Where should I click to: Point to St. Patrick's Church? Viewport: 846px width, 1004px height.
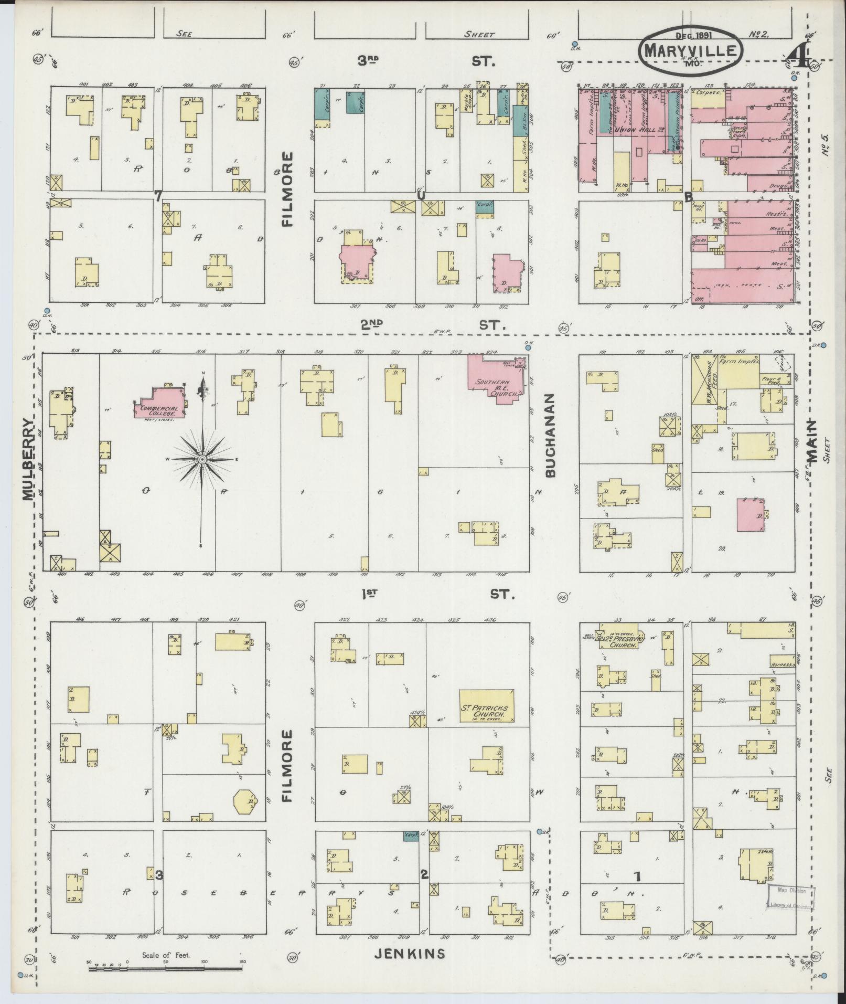pos(486,706)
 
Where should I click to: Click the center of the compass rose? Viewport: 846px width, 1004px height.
pos(202,460)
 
